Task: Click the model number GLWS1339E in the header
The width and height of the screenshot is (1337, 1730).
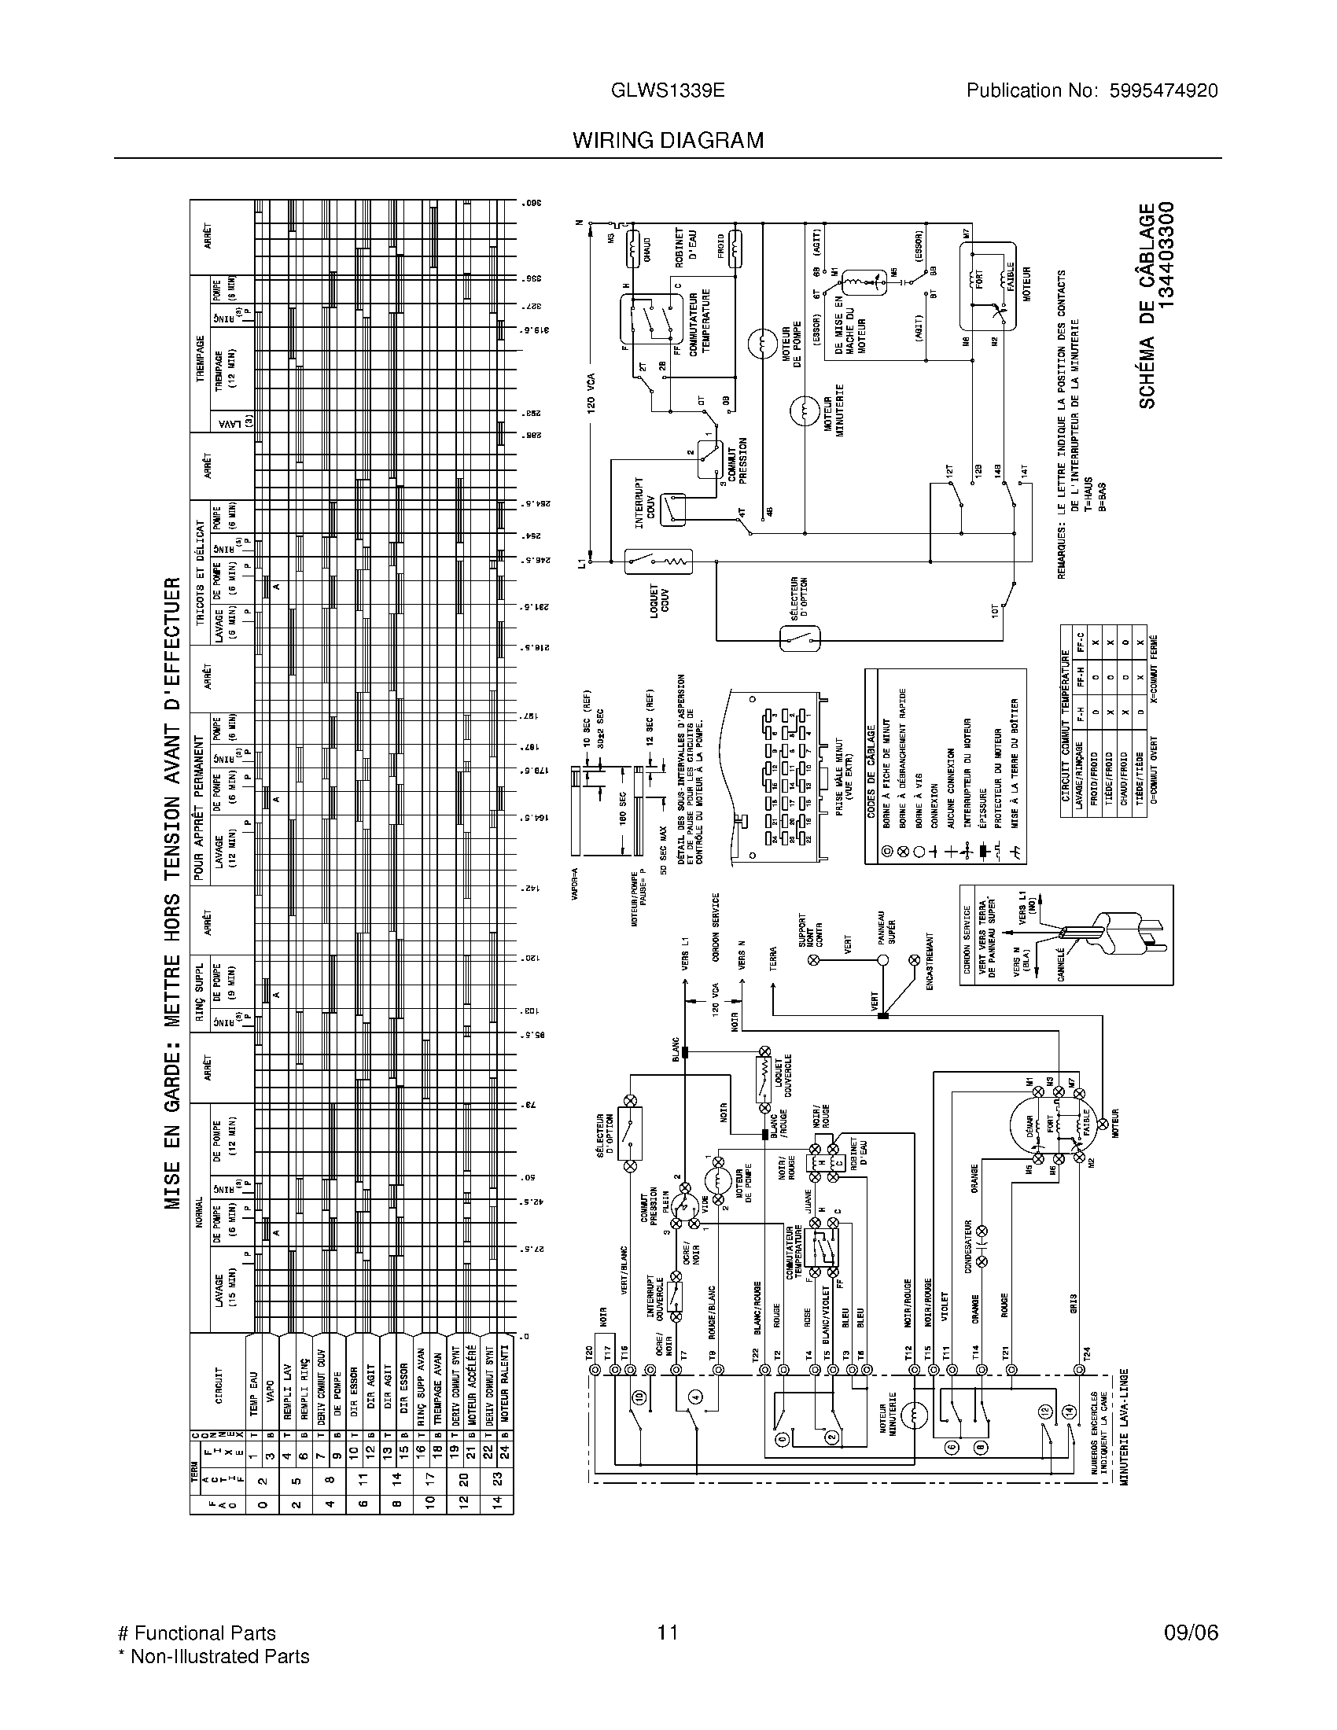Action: (668, 90)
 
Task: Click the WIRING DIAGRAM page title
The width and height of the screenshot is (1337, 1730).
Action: (668, 140)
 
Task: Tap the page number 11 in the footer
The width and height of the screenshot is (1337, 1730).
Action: (667, 1632)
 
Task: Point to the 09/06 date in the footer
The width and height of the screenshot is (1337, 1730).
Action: (1191, 1632)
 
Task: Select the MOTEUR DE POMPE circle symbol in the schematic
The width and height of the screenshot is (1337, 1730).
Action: (763, 344)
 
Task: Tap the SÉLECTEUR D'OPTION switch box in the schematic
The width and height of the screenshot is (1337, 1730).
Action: (800, 638)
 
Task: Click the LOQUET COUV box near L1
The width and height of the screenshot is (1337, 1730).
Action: (659, 561)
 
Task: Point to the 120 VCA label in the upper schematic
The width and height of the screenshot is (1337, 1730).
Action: (591, 392)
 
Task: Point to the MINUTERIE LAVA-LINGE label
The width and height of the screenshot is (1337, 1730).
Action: (1122, 1426)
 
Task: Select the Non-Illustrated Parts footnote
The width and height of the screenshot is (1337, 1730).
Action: (213, 1655)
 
